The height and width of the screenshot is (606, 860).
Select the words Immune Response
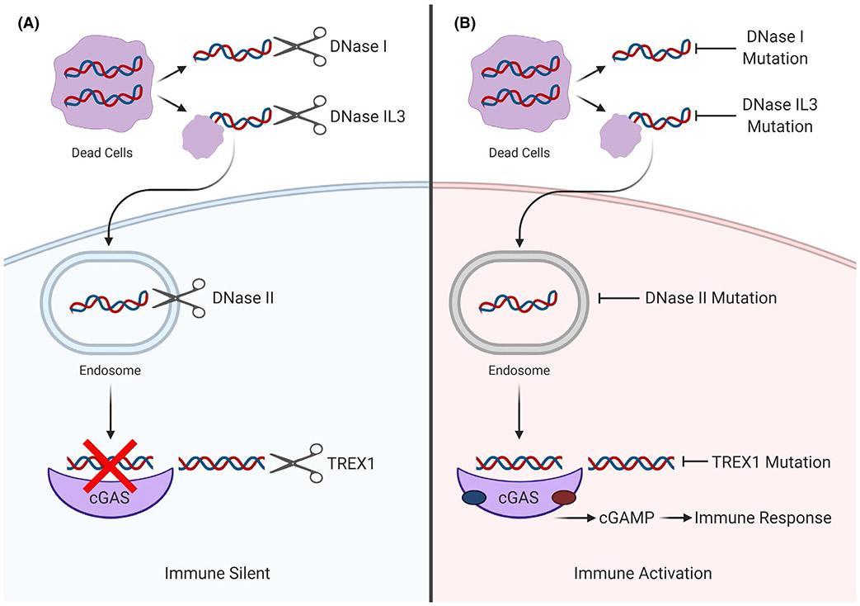click(x=763, y=518)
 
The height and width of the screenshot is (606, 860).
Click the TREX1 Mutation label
click(x=769, y=462)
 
